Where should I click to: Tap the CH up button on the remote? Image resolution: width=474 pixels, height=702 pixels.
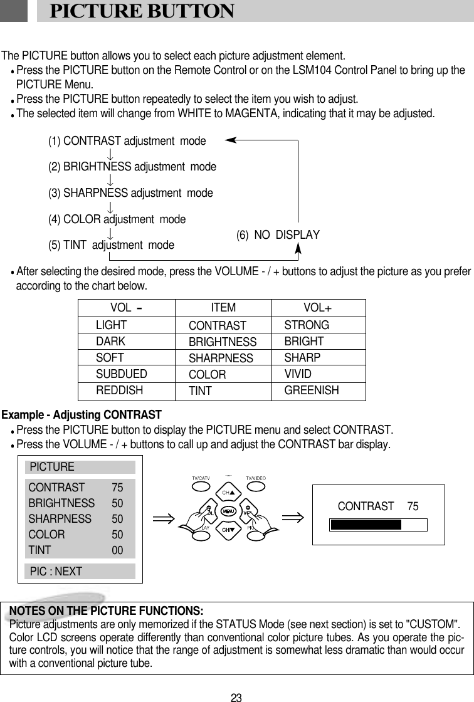pyautogui.click(x=228, y=493)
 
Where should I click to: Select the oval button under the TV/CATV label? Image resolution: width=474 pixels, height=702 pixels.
pyautogui.click(x=201, y=486)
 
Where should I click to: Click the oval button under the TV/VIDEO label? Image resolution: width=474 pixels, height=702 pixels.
pyautogui.click(x=256, y=486)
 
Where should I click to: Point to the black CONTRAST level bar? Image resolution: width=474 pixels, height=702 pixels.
pyautogui.click(x=366, y=525)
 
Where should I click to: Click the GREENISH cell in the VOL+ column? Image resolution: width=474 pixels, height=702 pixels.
pyautogui.click(x=312, y=390)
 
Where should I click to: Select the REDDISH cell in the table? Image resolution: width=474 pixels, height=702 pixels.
pyautogui.click(x=119, y=390)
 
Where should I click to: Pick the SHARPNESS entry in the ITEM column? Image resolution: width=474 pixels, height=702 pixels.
pyautogui.click(x=221, y=359)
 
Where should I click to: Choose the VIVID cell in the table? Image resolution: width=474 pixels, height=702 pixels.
pyautogui.click(x=298, y=374)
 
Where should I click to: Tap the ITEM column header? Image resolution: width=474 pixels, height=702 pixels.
pyautogui.click(x=223, y=308)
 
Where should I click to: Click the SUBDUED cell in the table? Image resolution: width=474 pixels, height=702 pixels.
pyautogui.click(x=122, y=374)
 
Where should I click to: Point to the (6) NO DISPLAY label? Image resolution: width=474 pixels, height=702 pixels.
pyautogui.click(x=278, y=235)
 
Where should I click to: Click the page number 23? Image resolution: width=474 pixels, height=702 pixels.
pyautogui.click(x=236, y=697)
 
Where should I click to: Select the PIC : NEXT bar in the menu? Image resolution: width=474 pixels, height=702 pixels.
pyautogui.click(x=80, y=571)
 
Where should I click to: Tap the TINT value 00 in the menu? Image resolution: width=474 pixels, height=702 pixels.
pyautogui.click(x=117, y=550)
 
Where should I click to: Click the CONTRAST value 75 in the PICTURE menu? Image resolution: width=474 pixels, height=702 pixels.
pyautogui.click(x=117, y=487)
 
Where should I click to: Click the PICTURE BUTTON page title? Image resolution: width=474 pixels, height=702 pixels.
pyautogui.click(x=142, y=11)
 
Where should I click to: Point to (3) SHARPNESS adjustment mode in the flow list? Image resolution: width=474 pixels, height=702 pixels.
pyautogui.click(x=130, y=193)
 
